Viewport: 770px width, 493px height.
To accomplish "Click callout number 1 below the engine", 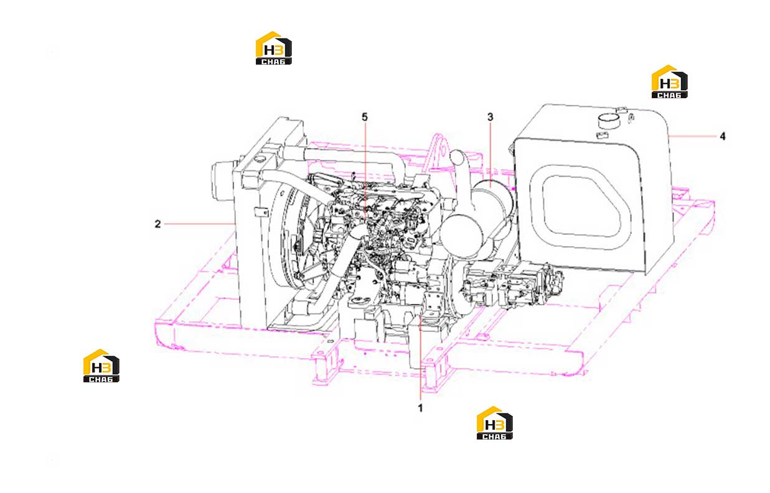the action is point(420,408).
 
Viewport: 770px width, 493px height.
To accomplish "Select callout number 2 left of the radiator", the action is point(157,224).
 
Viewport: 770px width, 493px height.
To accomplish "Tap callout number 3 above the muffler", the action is point(490,117).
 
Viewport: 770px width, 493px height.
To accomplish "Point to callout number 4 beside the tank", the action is point(723,136).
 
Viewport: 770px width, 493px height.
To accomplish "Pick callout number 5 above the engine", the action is point(365,117).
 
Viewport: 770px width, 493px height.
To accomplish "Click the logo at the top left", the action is point(274,48).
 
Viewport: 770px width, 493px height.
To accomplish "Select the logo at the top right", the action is point(670,81).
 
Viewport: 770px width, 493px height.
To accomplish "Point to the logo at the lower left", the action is point(101,366).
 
